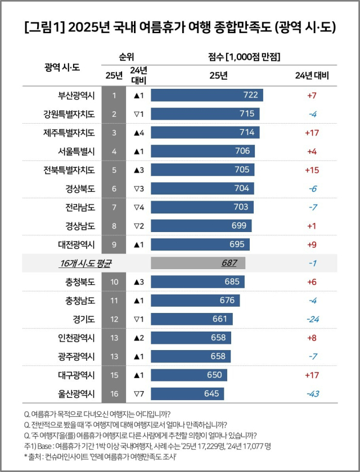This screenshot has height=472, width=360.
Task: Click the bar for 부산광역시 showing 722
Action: (206, 95)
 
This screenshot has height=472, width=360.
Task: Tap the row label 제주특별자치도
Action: (69, 133)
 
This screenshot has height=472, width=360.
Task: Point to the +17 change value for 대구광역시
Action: (312, 374)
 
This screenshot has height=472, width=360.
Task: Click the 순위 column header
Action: (126, 57)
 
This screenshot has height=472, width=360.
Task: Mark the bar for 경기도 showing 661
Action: (191, 319)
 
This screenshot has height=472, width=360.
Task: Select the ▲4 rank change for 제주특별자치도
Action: (138, 133)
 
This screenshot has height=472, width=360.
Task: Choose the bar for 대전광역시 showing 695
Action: (200, 244)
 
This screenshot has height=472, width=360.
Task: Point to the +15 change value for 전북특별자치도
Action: (312, 170)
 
